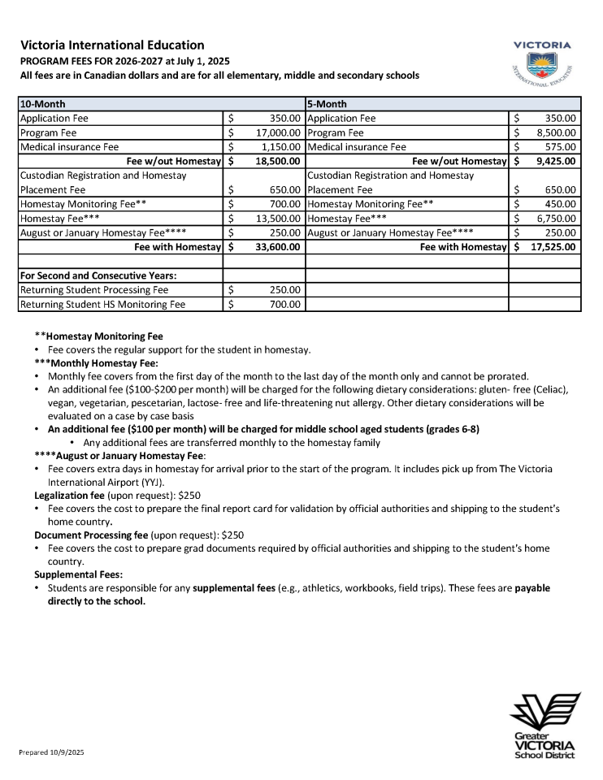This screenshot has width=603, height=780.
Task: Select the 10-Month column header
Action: [43, 104]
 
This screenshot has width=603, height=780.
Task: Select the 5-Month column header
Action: [327, 104]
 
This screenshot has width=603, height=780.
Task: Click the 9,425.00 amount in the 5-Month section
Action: [556, 162]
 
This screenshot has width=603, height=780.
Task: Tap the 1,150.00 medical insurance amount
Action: [281, 147]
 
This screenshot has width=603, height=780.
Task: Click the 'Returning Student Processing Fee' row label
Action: [94, 290]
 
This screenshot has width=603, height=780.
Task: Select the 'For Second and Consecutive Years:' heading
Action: [98, 275]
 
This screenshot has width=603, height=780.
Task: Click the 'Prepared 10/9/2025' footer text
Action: [52, 753]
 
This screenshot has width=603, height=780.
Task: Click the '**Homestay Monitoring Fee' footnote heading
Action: [98, 336]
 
